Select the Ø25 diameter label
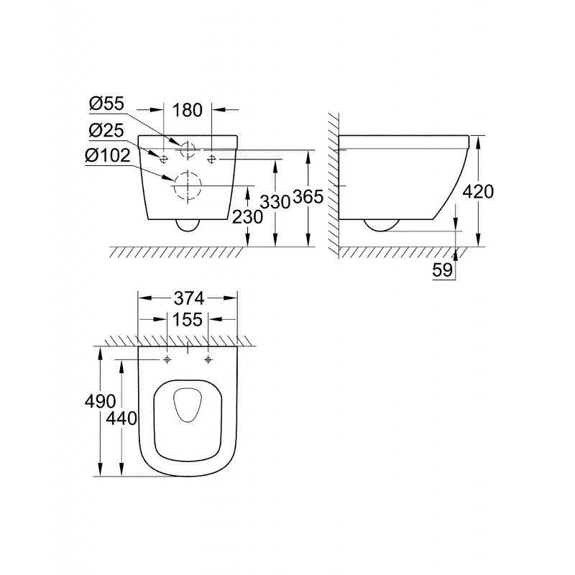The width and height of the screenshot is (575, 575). (106, 130)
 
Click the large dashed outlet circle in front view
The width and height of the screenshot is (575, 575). (187, 187)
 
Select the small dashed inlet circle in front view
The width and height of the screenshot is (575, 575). (187, 149)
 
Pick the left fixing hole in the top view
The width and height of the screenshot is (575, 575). (167, 359)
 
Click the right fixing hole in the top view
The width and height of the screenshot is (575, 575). (208, 359)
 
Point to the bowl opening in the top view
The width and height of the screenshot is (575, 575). (188, 405)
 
